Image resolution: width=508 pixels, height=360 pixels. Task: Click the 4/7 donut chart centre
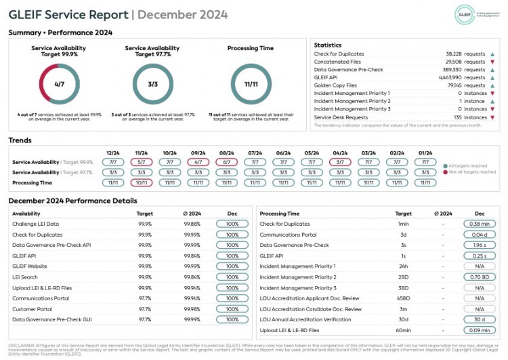pos(59,84)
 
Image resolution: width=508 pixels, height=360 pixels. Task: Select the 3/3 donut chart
pos(152,84)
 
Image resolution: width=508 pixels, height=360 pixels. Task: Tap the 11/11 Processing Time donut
pos(251,84)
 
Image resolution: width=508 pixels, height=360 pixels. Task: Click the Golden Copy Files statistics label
pos(335,85)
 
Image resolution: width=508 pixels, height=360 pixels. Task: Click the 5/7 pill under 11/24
pos(142,163)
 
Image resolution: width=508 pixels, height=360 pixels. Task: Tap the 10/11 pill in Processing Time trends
pos(142,182)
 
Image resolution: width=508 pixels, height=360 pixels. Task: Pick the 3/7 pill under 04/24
pos(340,163)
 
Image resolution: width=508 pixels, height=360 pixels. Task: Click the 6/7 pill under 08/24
pos(227,163)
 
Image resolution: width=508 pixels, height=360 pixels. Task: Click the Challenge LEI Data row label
pos(36,224)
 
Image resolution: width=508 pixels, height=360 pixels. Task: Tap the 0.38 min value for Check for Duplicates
pos(480,224)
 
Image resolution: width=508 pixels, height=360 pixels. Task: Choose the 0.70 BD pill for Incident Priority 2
pos(480,277)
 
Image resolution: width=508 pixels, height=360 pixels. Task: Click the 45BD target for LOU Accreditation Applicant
pos(403,298)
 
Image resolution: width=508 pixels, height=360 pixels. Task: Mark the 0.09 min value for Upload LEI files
pos(480,330)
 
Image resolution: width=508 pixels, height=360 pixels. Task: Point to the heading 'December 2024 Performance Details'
pos(72,201)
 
